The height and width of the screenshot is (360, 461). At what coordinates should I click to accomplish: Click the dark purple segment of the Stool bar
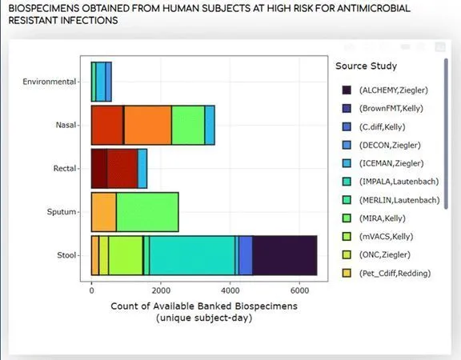[285, 255]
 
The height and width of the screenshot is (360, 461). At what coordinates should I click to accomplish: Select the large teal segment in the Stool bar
[192, 255]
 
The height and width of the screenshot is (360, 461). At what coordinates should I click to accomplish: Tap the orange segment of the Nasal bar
[147, 125]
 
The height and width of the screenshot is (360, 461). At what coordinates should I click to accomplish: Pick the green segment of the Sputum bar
[147, 212]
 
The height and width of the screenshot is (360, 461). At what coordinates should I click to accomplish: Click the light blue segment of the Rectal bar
[142, 169]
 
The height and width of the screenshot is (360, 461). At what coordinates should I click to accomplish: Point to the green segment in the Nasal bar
[188, 125]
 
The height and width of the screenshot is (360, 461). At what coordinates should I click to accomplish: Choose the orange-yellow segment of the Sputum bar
[104, 212]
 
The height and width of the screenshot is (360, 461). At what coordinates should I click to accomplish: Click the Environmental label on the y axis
[50, 82]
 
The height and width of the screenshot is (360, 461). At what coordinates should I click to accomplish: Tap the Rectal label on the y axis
[65, 168]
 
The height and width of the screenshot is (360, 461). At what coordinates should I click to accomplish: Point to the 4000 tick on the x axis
[230, 290]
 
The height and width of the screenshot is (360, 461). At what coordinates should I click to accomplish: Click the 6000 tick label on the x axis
[299, 290]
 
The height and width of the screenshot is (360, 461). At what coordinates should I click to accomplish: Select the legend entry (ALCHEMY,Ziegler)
[385, 90]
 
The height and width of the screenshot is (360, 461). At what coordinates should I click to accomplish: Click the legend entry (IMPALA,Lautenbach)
[391, 182]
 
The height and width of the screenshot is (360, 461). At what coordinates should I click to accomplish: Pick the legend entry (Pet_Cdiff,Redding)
[387, 274]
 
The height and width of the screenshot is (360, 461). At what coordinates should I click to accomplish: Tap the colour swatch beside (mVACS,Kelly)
[347, 237]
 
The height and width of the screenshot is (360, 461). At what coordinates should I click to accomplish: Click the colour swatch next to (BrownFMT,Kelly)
[347, 108]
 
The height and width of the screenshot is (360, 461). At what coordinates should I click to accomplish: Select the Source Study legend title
[366, 66]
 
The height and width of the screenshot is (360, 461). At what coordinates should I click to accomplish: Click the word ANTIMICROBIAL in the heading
[374, 8]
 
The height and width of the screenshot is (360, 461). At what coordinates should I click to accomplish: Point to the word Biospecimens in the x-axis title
[266, 306]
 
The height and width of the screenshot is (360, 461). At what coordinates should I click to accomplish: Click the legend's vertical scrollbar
[446, 134]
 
